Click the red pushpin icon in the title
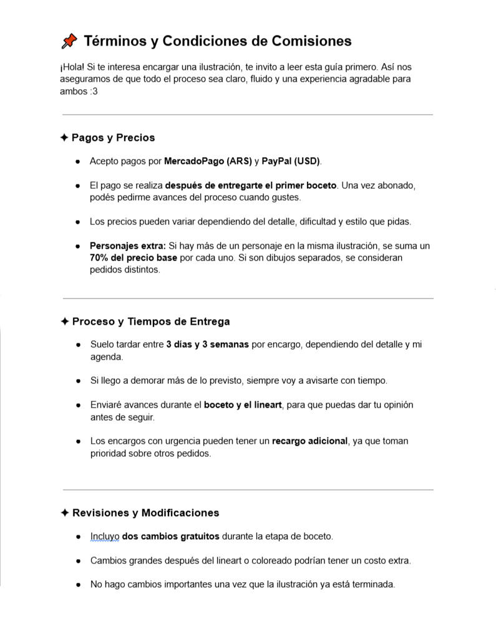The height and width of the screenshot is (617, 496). click(x=69, y=41)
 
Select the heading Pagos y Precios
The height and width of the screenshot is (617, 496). click(x=113, y=138)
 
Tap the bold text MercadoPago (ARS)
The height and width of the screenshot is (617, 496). click(x=208, y=161)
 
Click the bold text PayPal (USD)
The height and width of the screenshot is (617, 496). click(x=290, y=161)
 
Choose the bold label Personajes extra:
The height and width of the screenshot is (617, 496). click(x=128, y=246)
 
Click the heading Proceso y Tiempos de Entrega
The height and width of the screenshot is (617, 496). click(x=151, y=322)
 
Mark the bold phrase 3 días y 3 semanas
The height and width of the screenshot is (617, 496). click(x=207, y=344)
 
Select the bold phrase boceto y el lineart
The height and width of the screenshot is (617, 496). click(x=243, y=405)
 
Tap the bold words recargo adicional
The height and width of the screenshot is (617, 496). click(x=309, y=441)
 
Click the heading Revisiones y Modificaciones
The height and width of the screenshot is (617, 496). click(x=145, y=513)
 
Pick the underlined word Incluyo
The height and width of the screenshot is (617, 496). click(x=105, y=537)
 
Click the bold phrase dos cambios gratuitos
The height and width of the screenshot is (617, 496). click(x=171, y=537)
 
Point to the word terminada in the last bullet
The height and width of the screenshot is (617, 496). click(x=374, y=585)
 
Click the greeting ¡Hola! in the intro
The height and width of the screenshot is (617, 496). click(x=72, y=67)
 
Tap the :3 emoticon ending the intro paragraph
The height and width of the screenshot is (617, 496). click(x=93, y=92)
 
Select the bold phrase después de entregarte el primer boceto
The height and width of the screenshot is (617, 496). click(x=251, y=185)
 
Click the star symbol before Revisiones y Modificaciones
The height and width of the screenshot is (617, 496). click(x=64, y=513)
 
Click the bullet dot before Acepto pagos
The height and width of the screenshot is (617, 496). click(x=77, y=161)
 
